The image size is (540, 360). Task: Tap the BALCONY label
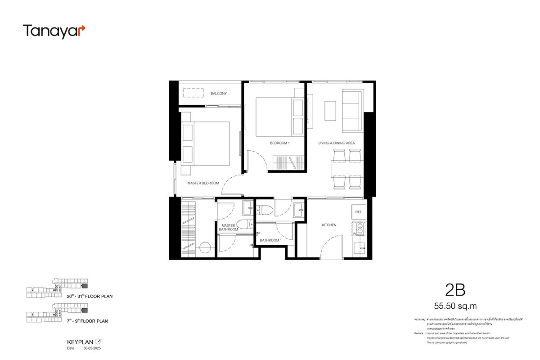(219, 94)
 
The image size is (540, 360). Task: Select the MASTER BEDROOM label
(203, 183)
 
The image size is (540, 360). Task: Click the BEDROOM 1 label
(280, 143)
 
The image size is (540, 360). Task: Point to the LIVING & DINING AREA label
(337, 143)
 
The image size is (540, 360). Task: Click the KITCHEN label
(329, 225)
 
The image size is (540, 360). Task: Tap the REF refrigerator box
(359, 211)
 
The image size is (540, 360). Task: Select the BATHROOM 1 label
(270, 240)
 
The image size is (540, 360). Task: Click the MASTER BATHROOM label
(228, 227)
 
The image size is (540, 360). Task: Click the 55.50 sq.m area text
(455, 306)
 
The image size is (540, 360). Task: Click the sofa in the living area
(352, 111)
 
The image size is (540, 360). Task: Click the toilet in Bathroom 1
(264, 209)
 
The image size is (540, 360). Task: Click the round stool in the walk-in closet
(206, 248)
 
